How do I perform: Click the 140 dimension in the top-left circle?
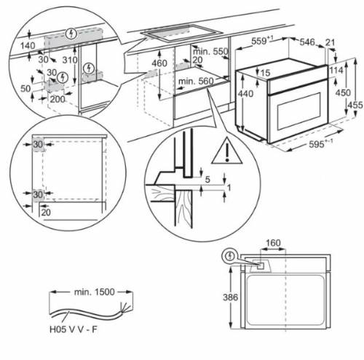(28, 46)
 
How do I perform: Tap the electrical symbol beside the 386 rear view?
(231, 256)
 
